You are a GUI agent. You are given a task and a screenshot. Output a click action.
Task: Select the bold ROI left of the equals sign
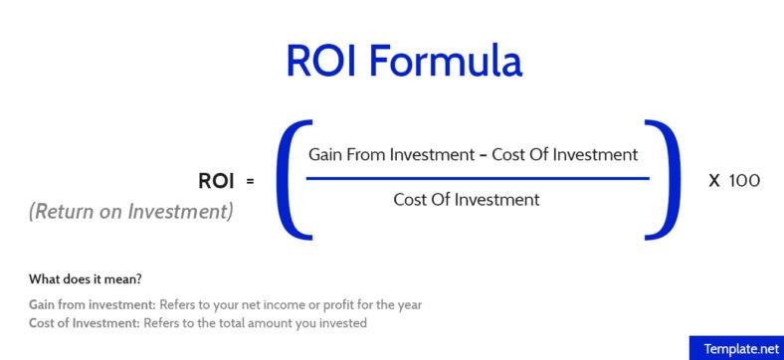tap(217, 180)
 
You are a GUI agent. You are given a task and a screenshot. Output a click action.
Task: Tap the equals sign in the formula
tap(250, 181)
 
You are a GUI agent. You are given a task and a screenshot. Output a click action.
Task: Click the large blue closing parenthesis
tap(664, 178)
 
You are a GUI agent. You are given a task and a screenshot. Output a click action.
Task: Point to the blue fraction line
tap(477, 179)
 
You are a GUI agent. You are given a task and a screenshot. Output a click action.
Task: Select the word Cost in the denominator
tap(412, 200)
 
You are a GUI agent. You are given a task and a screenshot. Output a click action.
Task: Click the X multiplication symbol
tap(713, 181)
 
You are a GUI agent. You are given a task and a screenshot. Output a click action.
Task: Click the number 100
tap(744, 181)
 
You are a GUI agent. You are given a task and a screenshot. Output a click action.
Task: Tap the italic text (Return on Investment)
tap(131, 211)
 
